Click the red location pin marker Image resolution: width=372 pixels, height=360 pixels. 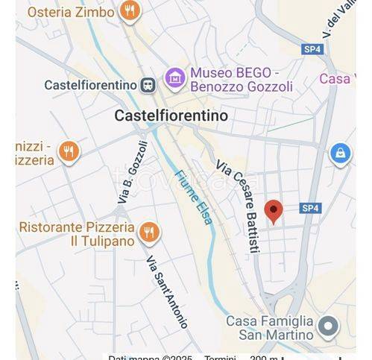pos(274,211)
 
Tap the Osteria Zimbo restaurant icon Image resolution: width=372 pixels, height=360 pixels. pos(130,11)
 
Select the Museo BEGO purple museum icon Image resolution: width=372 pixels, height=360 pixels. pos(174,78)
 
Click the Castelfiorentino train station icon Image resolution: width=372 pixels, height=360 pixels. pos(148,84)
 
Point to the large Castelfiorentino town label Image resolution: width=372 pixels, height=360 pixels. pos(171,116)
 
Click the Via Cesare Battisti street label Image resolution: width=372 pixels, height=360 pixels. pos(237,207)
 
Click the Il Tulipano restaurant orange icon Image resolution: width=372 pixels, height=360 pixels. pos(149,232)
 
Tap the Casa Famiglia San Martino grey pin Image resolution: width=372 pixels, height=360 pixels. pos(327,326)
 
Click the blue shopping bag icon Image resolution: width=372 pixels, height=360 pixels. pos(340,154)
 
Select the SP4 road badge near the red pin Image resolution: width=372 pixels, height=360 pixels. pos(310,208)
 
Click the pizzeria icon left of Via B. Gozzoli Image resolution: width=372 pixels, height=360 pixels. pos(69,152)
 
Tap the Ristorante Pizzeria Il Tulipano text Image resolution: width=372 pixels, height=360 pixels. pos(77,233)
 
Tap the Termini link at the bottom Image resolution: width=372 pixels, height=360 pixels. pos(220,358)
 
